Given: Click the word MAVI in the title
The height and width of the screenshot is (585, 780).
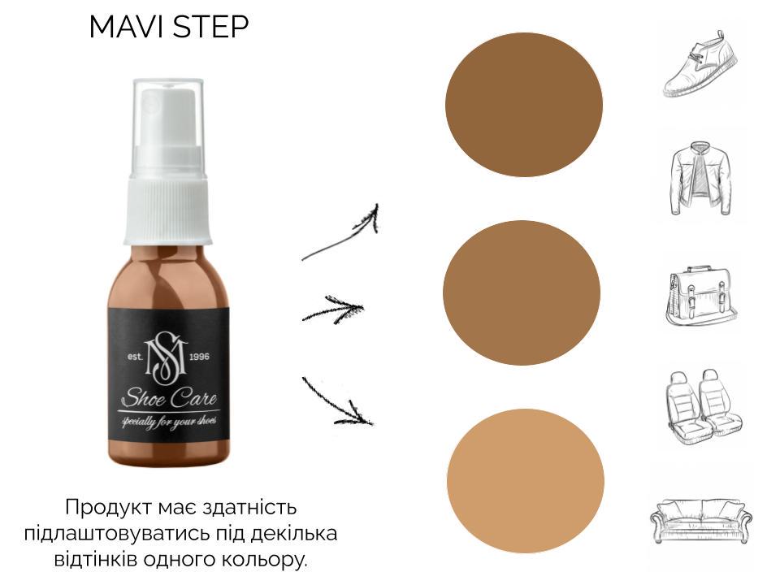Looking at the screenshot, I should pyautogui.click(x=125, y=28).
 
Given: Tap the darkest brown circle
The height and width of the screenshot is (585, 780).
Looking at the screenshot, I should pyautogui.click(x=524, y=104).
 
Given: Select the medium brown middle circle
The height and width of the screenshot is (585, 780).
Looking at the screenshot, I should pyautogui.click(x=522, y=292).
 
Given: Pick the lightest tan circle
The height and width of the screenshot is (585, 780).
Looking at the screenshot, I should pyautogui.click(x=526, y=480).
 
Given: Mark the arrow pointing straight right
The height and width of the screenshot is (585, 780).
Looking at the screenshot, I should pyautogui.click(x=333, y=310).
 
